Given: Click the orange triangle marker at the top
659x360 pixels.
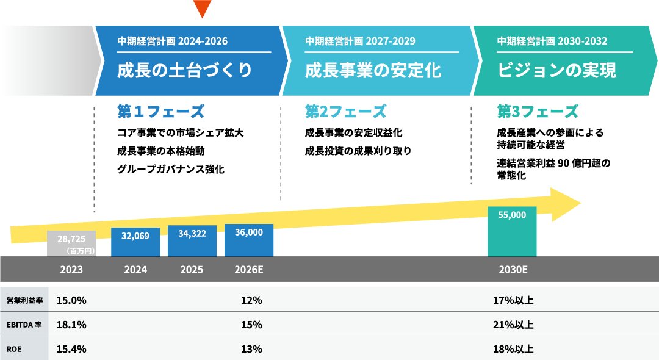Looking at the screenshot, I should click(x=202, y=8).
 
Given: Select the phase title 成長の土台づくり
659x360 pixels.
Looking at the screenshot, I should click(x=185, y=71).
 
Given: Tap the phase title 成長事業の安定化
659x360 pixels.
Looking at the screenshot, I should click(x=373, y=71).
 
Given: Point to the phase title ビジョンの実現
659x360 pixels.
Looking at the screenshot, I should click(x=557, y=71).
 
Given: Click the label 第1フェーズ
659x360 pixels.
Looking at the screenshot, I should click(x=160, y=112).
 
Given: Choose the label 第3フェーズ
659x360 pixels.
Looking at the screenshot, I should click(x=538, y=112).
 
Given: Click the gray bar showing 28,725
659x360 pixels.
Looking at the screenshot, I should click(x=71, y=243).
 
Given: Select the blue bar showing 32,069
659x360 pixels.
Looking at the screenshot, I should click(x=135, y=242).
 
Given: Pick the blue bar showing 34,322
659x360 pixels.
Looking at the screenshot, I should click(x=192, y=240).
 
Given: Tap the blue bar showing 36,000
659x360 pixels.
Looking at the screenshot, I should click(x=249, y=240).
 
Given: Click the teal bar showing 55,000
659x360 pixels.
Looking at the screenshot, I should click(x=512, y=231).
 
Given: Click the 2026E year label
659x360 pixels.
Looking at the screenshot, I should click(x=249, y=270).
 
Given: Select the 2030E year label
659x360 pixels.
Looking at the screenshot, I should click(x=513, y=270).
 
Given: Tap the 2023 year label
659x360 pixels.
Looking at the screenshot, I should click(x=71, y=270).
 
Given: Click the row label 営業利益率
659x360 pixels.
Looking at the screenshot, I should click(x=24, y=300).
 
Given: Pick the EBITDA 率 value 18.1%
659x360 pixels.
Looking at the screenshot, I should click(x=71, y=325).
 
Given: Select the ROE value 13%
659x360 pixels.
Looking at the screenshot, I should click(x=251, y=349).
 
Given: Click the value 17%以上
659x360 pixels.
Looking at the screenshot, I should click(x=513, y=300).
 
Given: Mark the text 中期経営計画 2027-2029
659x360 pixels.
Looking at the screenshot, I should click(x=360, y=41).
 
